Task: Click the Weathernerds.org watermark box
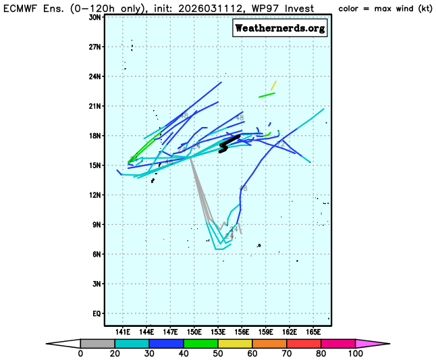click(280, 28)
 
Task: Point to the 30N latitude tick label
click(94, 17)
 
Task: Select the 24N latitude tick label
click(94, 76)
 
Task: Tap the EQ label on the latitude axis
click(96, 313)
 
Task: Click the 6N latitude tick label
click(97, 254)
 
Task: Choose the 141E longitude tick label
click(123, 332)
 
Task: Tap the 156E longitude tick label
click(242, 332)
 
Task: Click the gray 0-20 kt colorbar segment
click(97, 343)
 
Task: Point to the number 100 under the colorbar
click(355, 353)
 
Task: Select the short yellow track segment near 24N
click(274, 86)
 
